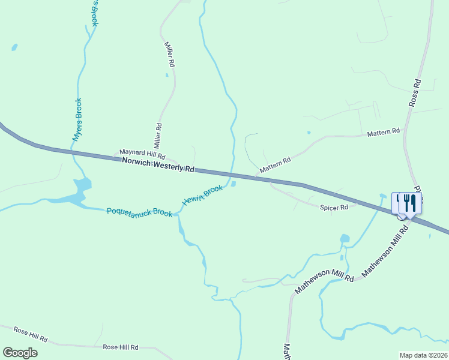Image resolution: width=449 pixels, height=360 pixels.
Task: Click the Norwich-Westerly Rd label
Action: coord(158,165)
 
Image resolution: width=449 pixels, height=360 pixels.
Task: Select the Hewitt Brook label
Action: coord(203,196)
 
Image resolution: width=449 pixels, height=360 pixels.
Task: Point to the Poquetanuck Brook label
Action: coord(139,212)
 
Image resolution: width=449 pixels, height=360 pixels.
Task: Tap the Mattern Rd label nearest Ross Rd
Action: coord(384,131)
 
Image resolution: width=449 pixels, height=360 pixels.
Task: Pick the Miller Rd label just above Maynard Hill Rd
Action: coord(158,136)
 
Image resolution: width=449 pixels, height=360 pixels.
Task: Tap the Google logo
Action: coord(20,352)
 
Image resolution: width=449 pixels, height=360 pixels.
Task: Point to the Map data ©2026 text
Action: coord(423,355)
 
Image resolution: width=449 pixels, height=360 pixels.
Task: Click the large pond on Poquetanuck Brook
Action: coord(78,193)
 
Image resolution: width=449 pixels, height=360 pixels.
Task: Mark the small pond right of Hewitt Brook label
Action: coord(233,184)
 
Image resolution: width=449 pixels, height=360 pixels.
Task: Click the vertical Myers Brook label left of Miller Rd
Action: coord(77,119)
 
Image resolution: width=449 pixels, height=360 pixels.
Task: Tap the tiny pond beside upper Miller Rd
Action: coord(167,75)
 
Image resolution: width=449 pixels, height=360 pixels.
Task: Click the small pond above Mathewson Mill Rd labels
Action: coord(345,239)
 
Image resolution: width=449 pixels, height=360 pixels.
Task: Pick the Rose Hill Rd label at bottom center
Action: coord(121,347)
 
